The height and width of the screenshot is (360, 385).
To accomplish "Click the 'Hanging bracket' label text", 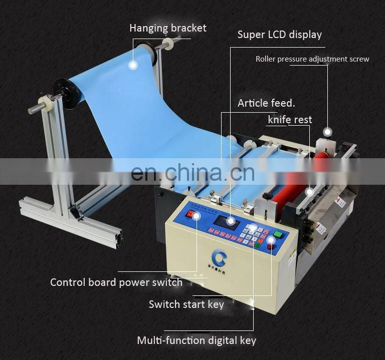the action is pyautogui.click(x=167, y=28).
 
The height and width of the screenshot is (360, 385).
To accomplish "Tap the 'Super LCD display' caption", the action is pyautogui.click(x=279, y=35).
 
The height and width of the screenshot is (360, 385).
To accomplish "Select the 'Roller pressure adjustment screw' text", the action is pyautogui.click(x=312, y=59).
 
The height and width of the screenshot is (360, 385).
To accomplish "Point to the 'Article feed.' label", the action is pyautogui.click(x=266, y=103).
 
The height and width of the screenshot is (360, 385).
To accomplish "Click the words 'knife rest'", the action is pyautogui.click(x=290, y=120).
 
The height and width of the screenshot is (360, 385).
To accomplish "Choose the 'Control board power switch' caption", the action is pyautogui.click(x=116, y=282).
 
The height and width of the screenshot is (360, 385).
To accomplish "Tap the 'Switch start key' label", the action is pyautogui.click(x=186, y=304).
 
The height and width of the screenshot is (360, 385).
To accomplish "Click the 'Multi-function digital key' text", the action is pyautogui.click(x=197, y=340).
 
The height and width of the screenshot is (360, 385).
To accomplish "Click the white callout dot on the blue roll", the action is pyautogui.click(x=133, y=64).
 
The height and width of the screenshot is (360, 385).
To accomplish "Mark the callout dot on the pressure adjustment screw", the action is pyautogui.click(x=327, y=132).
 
